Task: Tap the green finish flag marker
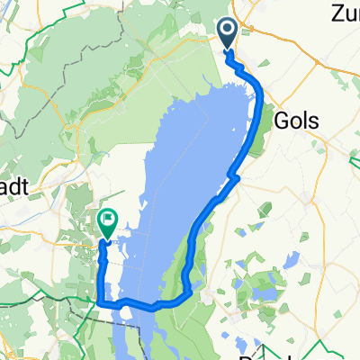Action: click(107, 220)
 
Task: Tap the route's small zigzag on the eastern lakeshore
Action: click(236, 176)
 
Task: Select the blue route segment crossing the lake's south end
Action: click(144, 305)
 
